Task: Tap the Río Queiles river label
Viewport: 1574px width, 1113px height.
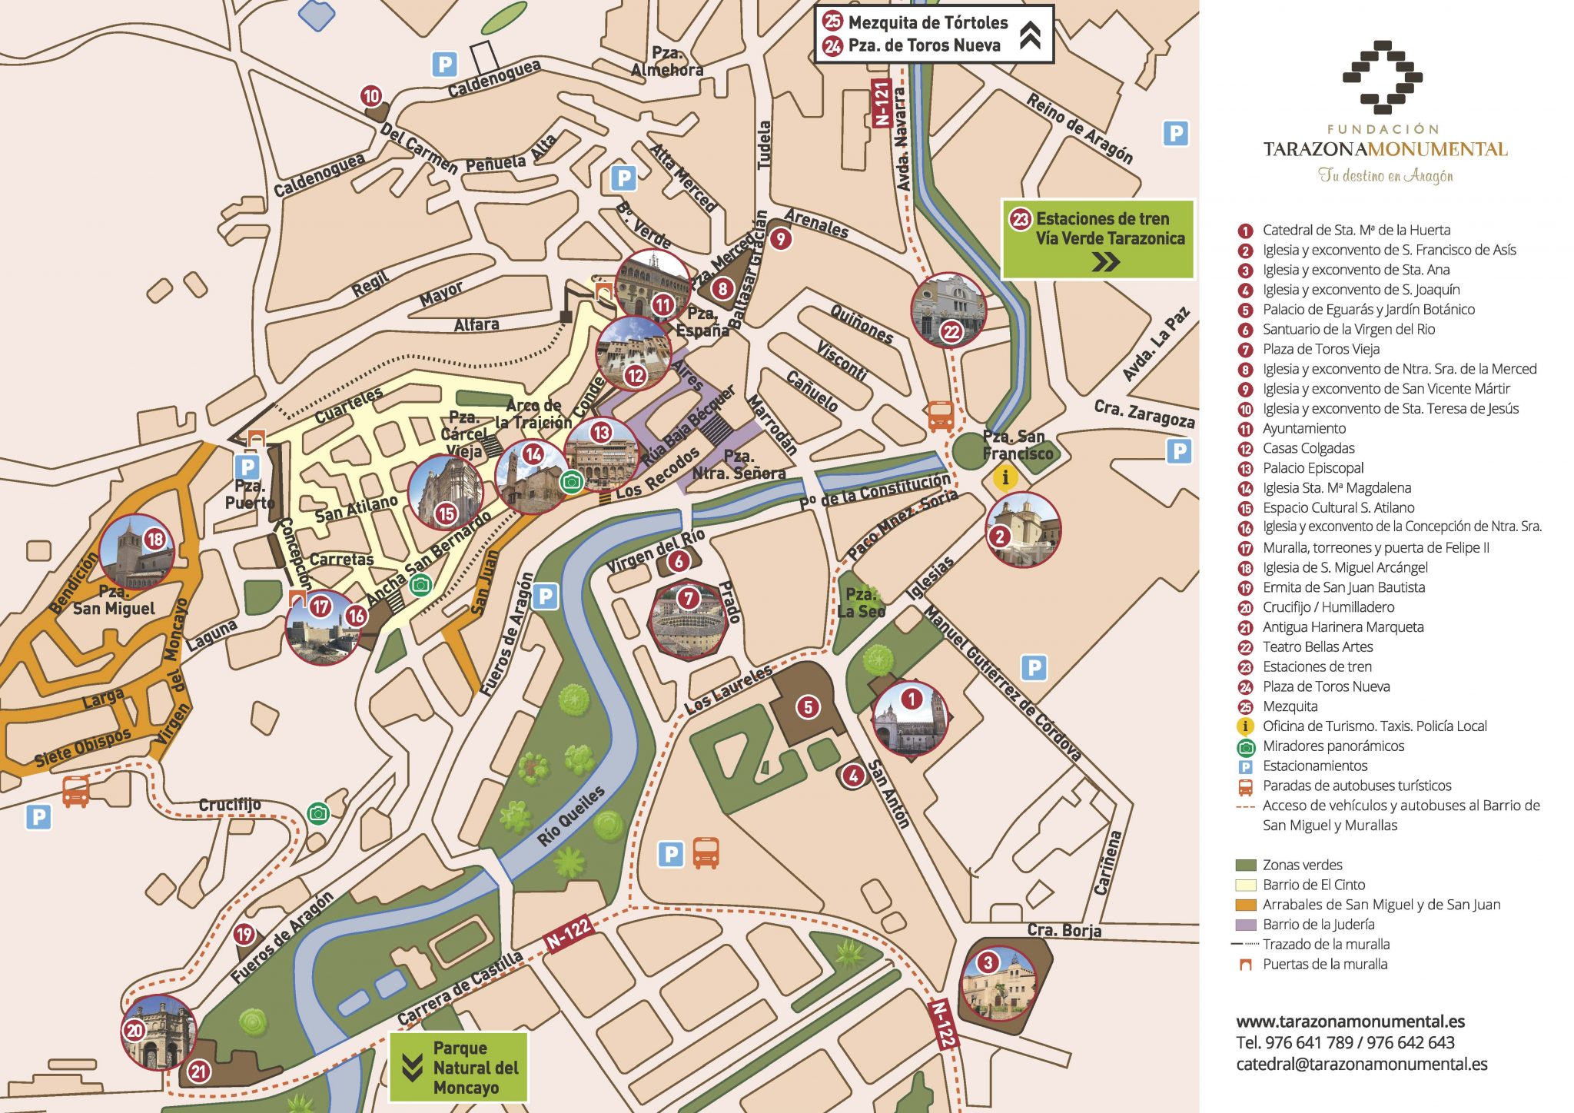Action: coord(570,816)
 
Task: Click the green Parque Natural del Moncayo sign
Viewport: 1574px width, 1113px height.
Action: coord(459,1067)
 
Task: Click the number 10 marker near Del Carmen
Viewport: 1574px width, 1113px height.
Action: coord(371,97)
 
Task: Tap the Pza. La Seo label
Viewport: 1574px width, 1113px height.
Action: coord(861,603)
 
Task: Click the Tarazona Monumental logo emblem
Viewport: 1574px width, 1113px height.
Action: coord(1382,77)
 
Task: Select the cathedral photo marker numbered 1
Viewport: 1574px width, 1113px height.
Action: coord(911,719)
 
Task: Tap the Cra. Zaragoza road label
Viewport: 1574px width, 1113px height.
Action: coord(1144,414)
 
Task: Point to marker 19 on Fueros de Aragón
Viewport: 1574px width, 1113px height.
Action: coord(244,935)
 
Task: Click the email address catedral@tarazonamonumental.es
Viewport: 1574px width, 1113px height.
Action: coord(1361,1065)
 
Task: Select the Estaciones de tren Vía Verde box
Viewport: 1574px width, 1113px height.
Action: coord(1097,239)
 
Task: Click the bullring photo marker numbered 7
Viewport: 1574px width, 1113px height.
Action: coord(688,620)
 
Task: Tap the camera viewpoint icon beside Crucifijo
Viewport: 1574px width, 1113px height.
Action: coord(318,813)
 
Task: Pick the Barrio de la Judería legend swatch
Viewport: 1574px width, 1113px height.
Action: coord(1245,925)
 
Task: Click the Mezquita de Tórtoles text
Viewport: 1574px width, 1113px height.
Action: coord(928,22)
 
